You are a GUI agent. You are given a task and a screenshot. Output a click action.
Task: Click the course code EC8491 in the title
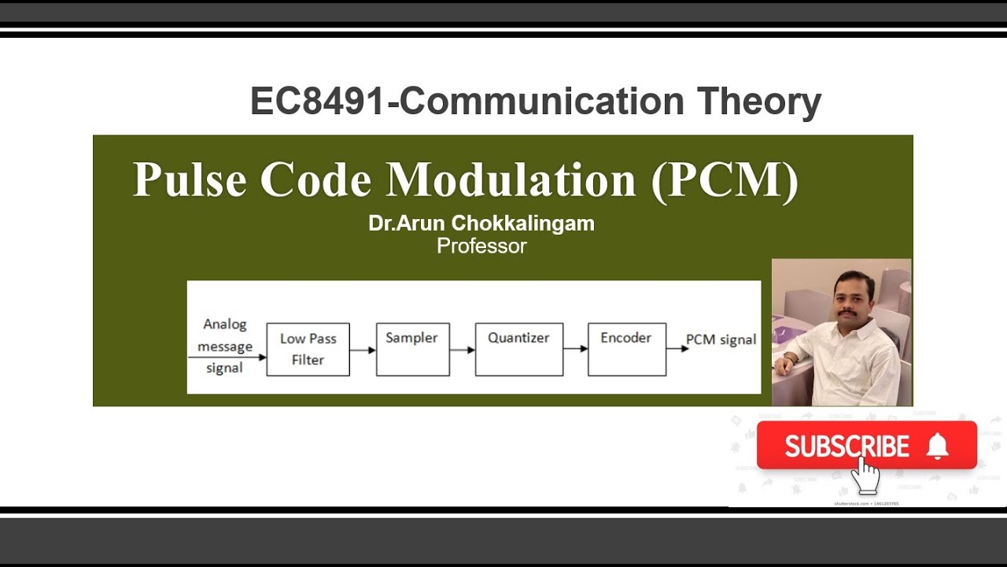click(x=318, y=102)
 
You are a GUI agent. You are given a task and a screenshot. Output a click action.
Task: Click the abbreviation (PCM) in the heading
click(x=725, y=180)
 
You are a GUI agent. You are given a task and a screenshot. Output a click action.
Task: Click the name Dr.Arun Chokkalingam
click(x=481, y=224)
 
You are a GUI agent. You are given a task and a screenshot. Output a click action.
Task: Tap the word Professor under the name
click(x=481, y=246)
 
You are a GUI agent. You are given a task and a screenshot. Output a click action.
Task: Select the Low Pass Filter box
click(x=308, y=349)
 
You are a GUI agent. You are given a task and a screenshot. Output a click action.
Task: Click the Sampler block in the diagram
click(x=412, y=349)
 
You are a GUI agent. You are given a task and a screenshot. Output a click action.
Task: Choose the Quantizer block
click(x=518, y=349)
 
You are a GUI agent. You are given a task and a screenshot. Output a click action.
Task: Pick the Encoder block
click(x=626, y=349)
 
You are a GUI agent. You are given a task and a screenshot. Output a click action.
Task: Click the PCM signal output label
click(x=721, y=339)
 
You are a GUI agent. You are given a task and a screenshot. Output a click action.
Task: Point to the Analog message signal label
click(x=225, y=346)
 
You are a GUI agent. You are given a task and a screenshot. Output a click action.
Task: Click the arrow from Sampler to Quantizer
click(x=463, y=350)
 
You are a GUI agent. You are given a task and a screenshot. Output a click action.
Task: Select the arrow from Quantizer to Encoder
click(x=575, y=349)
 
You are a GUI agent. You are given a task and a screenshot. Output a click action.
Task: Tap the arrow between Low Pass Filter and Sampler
click(x=363, y=350)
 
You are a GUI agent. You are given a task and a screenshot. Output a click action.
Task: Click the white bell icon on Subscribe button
click(x=937, y=447)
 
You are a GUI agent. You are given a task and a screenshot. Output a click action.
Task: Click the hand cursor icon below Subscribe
click(x=865, y=474)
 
